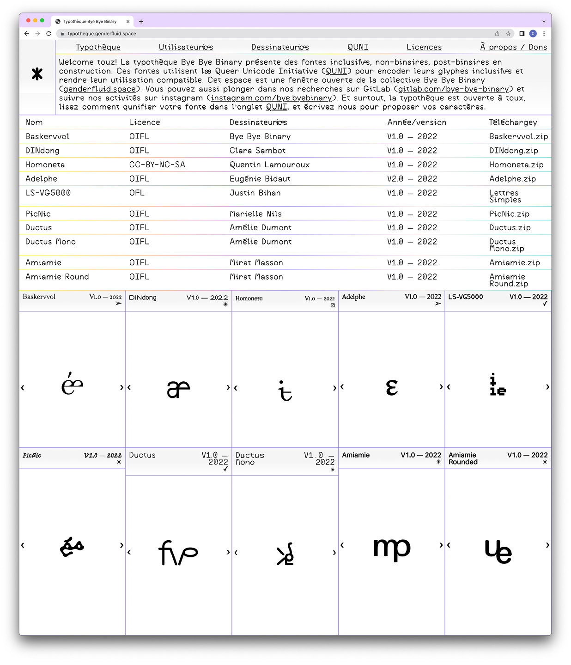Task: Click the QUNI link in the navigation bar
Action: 358,47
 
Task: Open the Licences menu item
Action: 424,47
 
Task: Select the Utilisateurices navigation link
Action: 186,47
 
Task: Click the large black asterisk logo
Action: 37,74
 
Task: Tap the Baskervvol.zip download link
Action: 518,136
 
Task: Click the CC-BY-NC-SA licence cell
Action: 157,165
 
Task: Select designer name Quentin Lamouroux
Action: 269,165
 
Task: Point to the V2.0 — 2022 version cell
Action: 412,179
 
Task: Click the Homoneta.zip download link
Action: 516,165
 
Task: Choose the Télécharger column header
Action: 513,122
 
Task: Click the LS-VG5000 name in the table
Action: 48,193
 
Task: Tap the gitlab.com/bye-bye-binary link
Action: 453,89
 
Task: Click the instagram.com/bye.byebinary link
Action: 271,98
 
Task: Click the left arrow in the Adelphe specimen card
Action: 342,387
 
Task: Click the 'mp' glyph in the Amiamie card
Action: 392,549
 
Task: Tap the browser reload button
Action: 49,34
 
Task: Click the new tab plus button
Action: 141,21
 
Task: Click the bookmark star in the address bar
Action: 508,34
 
